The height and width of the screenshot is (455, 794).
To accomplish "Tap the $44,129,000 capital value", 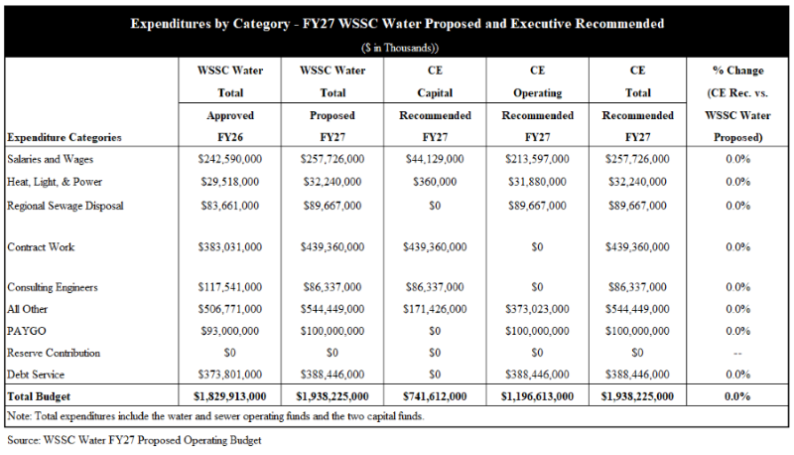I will (434, 160).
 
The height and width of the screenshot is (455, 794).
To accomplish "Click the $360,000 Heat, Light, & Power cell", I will (434, 182).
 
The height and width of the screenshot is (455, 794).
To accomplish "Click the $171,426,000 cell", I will (434, 309).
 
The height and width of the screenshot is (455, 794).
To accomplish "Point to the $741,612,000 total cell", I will (434, 396).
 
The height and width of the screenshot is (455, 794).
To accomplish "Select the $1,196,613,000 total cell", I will (536, 396).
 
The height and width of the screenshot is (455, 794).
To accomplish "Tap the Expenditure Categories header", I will (64, 137).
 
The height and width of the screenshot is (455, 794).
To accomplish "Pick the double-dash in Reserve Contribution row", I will (736, 353).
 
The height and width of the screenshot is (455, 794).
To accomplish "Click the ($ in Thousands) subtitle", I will (397, 47).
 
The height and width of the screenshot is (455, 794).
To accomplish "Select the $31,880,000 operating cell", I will (536, 182).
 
